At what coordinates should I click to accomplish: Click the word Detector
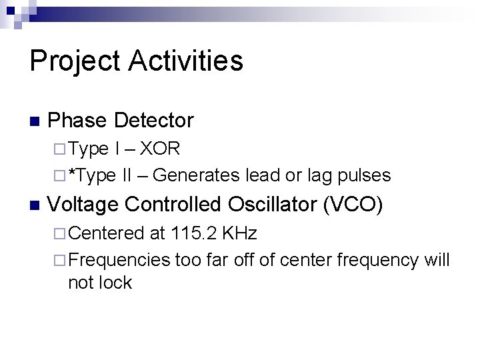click(154, 121)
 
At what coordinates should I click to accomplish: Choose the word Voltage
click(83, 204)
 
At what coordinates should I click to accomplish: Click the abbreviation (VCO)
click(352, 204)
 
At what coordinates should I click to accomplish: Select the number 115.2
click(194, 233)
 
